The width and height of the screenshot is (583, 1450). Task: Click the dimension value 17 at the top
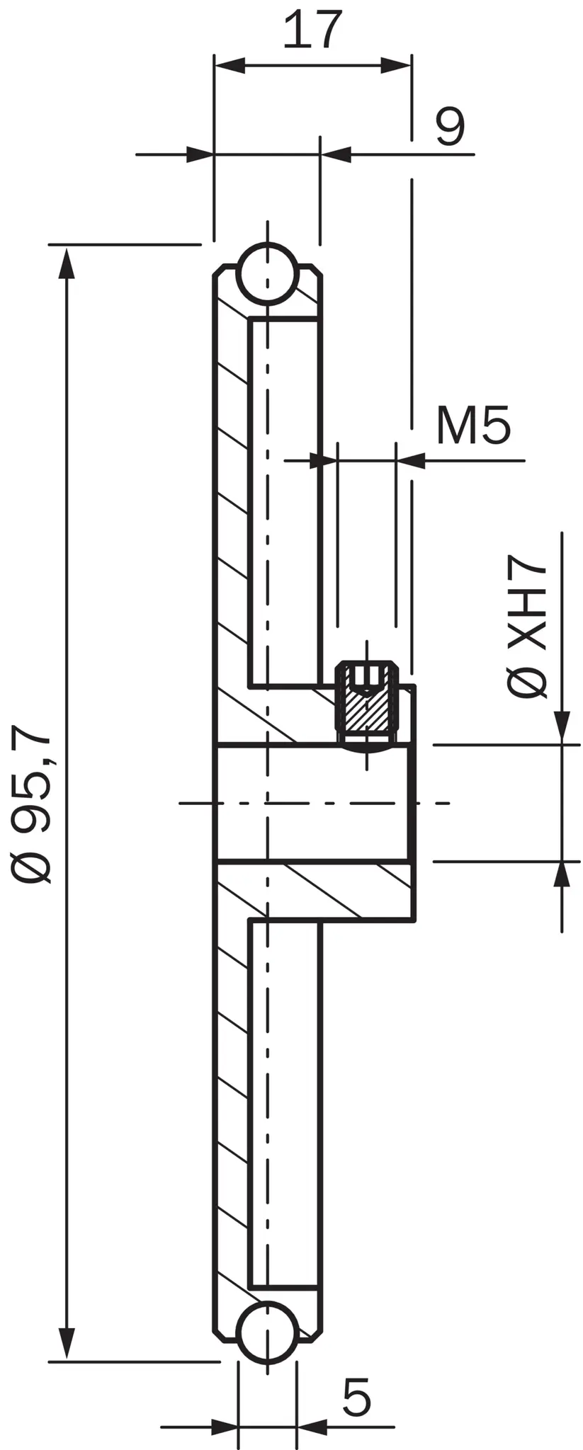click(x=312, y=30)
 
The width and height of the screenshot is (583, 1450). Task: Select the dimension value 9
click(x=451, y=127)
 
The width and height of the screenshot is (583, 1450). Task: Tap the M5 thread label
click(x=473, y=426)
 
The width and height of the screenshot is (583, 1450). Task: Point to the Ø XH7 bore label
click(x=527, y=626)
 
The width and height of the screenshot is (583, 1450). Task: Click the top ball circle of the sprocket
click(x=268, y=273)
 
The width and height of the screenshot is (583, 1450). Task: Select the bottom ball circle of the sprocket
click(x=268, y=1332)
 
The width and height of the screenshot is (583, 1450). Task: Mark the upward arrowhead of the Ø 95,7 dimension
click(x=67, y=263)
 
